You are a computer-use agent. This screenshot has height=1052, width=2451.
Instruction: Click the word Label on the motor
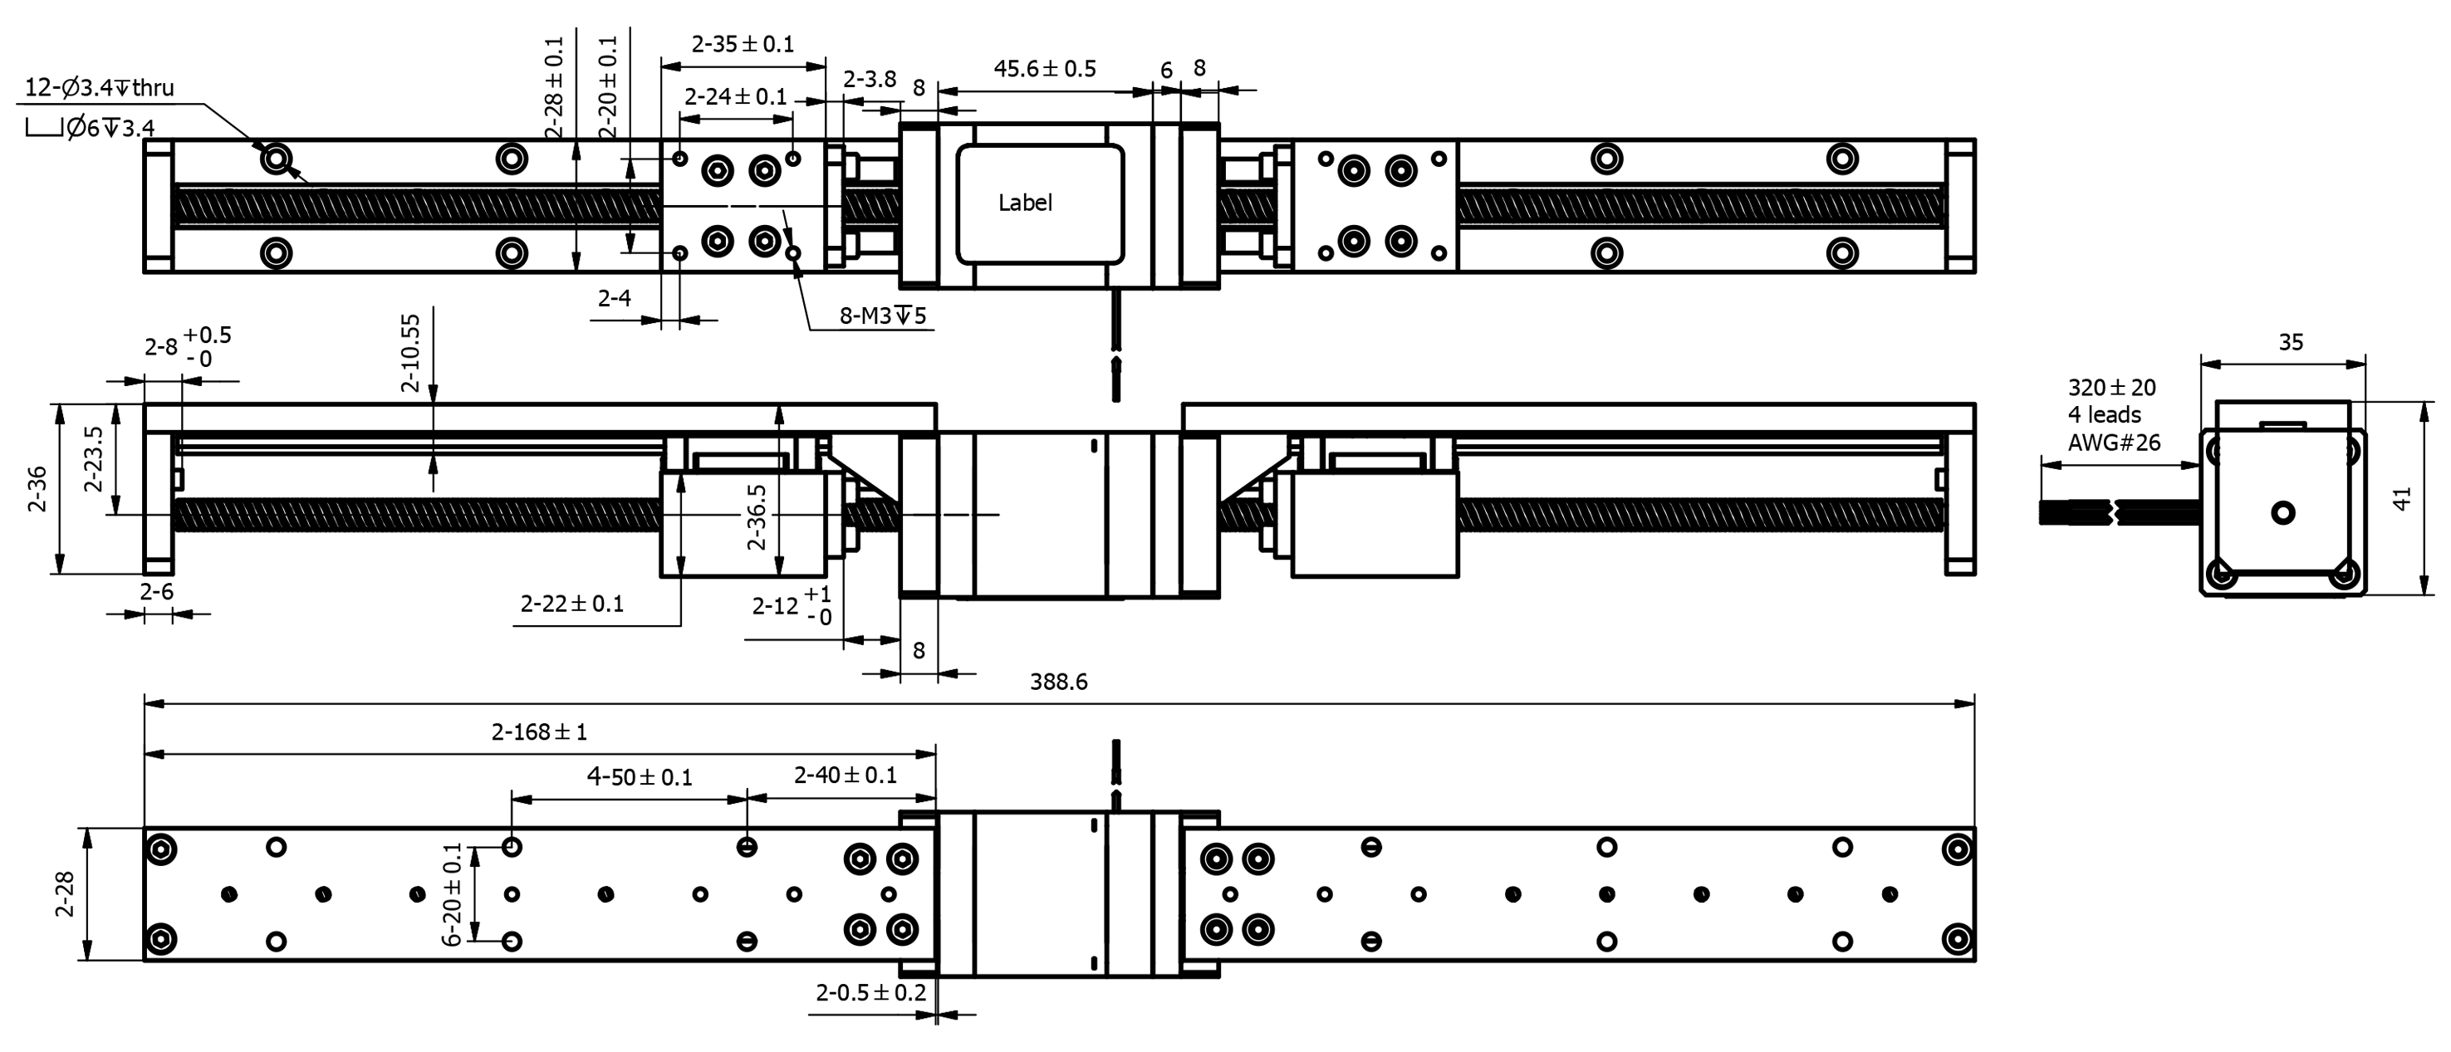tap(1025, 203)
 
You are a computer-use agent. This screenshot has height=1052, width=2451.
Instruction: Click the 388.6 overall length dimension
tap(1058, 682)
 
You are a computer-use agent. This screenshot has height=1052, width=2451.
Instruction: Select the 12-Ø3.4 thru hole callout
tap(99, 89)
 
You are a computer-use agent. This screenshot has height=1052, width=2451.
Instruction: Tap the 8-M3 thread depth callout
tap(882, 316)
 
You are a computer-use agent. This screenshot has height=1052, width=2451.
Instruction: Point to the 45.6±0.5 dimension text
tap(1045, 68)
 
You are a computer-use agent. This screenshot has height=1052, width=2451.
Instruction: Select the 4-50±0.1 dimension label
tap(640, 777)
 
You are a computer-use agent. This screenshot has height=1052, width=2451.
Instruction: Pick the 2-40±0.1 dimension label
tap(845, 776)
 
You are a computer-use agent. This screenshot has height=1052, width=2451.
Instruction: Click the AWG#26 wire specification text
tap(2113, 443)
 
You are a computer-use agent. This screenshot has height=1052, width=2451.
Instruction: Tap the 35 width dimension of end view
tap(2290, 342)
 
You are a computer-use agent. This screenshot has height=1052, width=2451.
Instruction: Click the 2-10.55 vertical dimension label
tap(410, 354)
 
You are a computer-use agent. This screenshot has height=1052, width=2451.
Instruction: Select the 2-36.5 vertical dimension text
tap(757, 517)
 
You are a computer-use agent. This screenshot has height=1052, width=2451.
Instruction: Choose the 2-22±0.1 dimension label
tap(571, 604)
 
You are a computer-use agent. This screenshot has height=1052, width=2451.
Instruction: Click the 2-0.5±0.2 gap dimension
tap(870, 993)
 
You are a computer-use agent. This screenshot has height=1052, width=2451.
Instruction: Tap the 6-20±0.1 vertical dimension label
tap(453, 894)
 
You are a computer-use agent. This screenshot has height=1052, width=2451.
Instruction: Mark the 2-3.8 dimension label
tap(870, 79)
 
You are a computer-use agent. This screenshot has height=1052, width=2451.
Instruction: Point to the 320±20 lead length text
tap(2111, 388)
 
